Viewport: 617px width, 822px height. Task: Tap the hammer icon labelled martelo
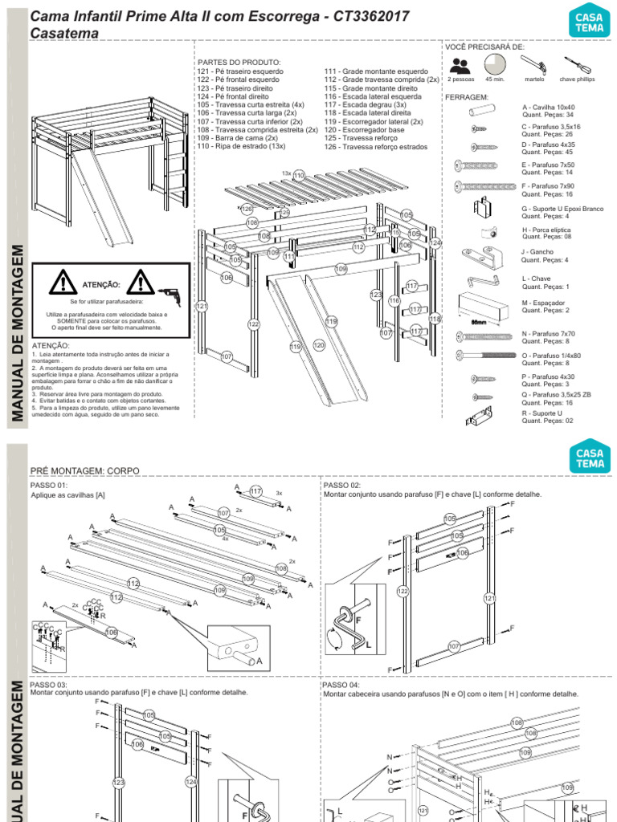coord(534,64)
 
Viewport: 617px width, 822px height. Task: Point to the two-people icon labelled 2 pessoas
coord(460,65)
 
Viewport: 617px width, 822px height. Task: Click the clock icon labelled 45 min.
coord(495,64)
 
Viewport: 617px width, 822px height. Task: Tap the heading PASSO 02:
coord(341,486)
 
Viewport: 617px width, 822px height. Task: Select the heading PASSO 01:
coord(48,486)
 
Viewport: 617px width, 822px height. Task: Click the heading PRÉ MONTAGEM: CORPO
coord(84,470)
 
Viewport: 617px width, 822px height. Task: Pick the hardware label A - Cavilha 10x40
coord(549,107)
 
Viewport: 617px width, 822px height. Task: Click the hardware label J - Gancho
coord(538,252)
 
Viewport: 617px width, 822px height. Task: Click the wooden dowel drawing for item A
coord(481,108)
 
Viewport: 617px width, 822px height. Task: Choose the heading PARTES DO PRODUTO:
coord(239,62)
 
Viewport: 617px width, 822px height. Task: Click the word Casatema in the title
coord(64,33)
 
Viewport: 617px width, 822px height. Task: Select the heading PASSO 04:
coord(341,685)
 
